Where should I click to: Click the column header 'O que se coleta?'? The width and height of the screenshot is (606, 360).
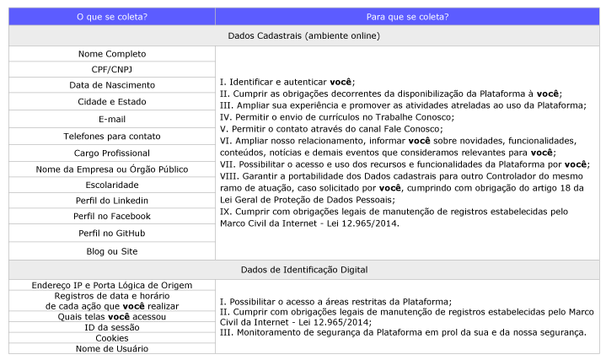[x=111, y=16]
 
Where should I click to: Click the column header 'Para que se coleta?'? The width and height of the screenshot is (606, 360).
[x=406, y=16]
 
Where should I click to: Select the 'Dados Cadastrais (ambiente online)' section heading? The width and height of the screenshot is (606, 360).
[x=303, y=35]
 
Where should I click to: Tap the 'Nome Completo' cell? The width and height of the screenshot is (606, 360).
[x=111, y=53]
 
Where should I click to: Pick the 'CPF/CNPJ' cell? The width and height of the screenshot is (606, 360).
[x=111, y=69]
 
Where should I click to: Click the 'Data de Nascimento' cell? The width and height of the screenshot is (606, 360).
[x=111, y=85]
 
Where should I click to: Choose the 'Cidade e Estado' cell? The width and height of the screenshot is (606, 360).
[x=111, y=102]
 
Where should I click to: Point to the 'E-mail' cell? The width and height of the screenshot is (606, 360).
[x=111, y=119]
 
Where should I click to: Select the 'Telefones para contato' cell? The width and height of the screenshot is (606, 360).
[x=111, y=136]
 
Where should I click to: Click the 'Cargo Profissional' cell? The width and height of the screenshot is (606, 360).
[x=111, y=153]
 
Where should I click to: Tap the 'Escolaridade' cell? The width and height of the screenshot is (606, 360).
[x=111, y=185]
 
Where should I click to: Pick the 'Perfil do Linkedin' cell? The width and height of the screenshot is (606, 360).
[x=111, y=201]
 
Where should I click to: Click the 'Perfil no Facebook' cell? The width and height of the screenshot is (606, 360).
[x=111, y=217]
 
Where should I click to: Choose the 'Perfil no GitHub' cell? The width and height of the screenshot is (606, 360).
[x=111, y=233]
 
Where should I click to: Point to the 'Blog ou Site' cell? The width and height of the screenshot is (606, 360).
[x=111, y=251]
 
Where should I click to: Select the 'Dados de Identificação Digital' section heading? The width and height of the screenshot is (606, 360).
[x=303, y=270]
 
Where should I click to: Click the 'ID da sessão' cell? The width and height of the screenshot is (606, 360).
[x=111, y=327]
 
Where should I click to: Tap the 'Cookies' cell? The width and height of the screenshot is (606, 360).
[x=111, y=338]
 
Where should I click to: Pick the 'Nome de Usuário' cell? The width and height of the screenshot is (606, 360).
[x=111, y=348]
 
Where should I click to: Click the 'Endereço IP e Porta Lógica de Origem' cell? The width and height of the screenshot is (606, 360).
[x=111, y=285]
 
